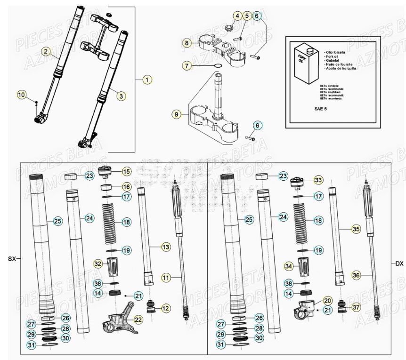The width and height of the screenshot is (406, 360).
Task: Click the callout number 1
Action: (147, 80)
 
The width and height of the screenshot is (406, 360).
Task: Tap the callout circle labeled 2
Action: (45, 51)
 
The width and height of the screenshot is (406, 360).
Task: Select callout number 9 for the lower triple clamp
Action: (176, 114)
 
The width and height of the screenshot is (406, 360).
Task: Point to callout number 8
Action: (187, 43)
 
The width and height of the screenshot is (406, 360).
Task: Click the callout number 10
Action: (22, 95)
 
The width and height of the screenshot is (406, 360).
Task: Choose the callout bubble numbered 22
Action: (138, 319)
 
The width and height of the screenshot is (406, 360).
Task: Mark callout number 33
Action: (319, 180)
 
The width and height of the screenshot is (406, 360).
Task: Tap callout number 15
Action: (126, 171)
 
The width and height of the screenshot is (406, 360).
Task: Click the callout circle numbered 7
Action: (187, 66)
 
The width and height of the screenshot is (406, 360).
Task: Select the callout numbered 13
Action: (166, 247)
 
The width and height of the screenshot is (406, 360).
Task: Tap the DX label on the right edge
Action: (399, 264)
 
